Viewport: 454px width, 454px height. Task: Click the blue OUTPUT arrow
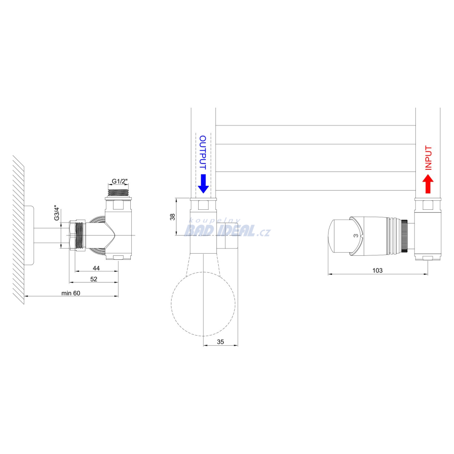(203, 184)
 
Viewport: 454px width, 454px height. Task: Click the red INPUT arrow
(428, 184)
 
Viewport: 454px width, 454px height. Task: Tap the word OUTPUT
(203, 153)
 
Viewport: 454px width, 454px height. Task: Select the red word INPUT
(428, 157)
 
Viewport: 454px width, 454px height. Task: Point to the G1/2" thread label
(120, 181)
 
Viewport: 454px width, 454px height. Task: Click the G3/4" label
(57, 213)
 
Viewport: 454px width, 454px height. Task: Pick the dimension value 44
(96, 268)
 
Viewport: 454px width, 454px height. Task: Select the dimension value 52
(94, 279)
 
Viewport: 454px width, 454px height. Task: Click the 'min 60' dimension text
(70, 293)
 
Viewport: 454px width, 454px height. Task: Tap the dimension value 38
(172, 217)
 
